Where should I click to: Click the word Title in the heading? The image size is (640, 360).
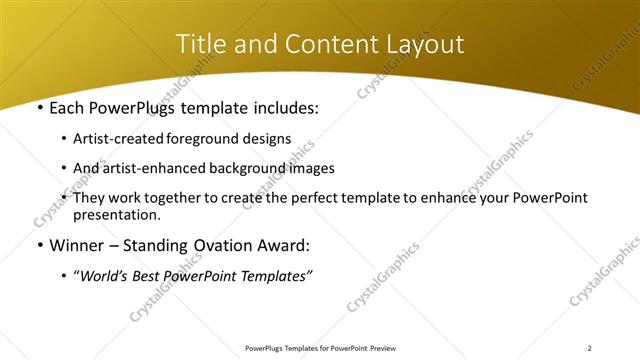pyautogui.click(x=198, y=44)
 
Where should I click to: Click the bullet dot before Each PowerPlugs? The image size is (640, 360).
pyautogui.click(x=39, y=107)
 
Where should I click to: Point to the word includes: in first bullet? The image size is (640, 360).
pyautogui.click(x=283, y=107)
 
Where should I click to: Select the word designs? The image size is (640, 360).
pyautogui.click(x=267, y=139)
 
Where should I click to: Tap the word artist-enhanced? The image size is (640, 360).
pyautogui.click(x=147, y=168)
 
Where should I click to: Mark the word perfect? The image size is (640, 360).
pyautogui.click(x=315, y=198)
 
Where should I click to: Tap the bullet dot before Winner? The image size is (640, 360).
pyautogui.click(x=39, y=245)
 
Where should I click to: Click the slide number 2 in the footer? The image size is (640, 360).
pyautogui.click(x=590, y=348)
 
